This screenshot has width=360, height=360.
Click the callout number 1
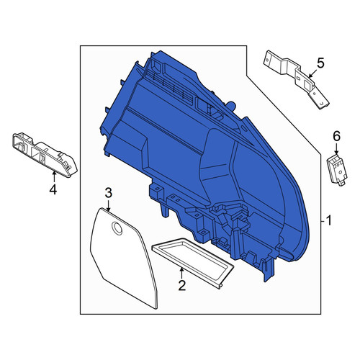328,220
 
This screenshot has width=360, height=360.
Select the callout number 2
182,285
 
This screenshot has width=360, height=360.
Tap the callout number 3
108,193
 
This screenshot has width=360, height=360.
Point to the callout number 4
53,189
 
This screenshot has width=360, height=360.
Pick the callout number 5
320,63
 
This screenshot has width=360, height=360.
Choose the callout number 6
336,137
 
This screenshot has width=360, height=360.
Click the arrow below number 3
108,205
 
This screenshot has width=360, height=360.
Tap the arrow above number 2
182,273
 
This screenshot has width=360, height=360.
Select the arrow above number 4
54,176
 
